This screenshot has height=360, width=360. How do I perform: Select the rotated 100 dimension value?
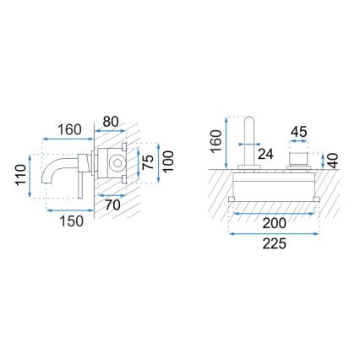click(x=169, y=161)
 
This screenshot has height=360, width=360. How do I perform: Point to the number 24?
click(x=265, y=154)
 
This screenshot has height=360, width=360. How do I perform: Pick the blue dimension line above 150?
click(x=72, y=208)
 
